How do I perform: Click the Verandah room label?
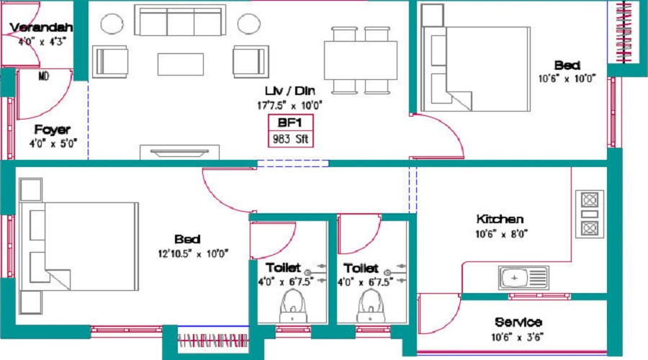tap(41, 27)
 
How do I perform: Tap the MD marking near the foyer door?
tap(44, 76)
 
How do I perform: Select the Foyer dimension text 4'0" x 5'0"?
tap(53, 144)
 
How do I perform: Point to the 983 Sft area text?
tap(291, 139)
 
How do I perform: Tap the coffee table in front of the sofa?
tap(181, 64)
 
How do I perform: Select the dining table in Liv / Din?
tap(361, 60)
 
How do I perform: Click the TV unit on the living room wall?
tap(179, 152)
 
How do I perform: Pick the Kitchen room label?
tap(500, 219)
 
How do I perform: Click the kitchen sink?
tap(523, 277)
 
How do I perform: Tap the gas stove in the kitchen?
tap(590, 214)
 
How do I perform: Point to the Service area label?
tap(518, 322)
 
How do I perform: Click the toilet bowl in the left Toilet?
tap(293, 306)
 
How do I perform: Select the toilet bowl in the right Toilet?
tap(371, 306)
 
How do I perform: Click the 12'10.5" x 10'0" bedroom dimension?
tap(193, 253)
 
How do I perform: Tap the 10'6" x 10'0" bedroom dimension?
tap(567, 78)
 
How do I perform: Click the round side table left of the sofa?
tap(112, 24)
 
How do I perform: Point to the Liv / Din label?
tap(289, 91)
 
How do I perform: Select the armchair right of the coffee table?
tap(251, 62)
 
